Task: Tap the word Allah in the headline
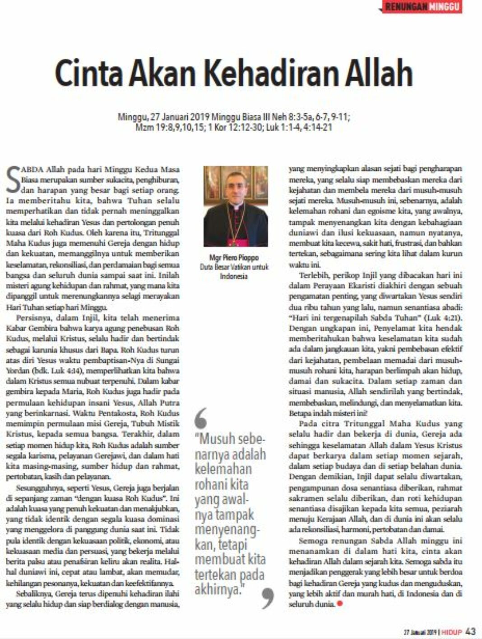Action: (380, 73)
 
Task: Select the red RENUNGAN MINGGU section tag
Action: (422, 7)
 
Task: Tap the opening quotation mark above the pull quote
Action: (202, 418)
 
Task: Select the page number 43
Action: (470, 631)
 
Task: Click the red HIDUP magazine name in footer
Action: (452, 632)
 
